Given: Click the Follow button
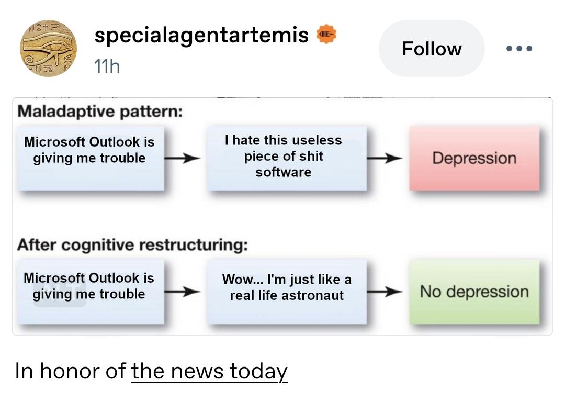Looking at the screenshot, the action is coord(431,48).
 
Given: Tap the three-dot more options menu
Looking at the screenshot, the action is coord(519,48).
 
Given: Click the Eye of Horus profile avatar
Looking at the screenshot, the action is coord(48,48).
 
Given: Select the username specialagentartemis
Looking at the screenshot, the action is coord(201,35).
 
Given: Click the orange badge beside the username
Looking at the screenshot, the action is coord(326,34).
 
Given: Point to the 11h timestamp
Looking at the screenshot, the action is coord(107,66).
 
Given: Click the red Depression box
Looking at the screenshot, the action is coord(474,158).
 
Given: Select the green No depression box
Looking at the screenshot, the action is coord(474,291).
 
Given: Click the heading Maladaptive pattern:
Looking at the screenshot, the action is coord(100,111).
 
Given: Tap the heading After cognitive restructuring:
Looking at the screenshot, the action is coord(132,245).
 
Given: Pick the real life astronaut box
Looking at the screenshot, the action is coord(287,291).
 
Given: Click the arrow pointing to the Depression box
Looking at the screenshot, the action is coord(385,158).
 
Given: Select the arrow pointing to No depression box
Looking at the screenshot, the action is coord(385,291).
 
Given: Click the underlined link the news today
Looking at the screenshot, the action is coord(209,371).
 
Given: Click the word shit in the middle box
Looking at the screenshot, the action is coord(311,156).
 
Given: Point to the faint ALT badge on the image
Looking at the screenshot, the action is coord(60,294).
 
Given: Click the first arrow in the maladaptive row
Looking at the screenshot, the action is coord(182,158).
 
